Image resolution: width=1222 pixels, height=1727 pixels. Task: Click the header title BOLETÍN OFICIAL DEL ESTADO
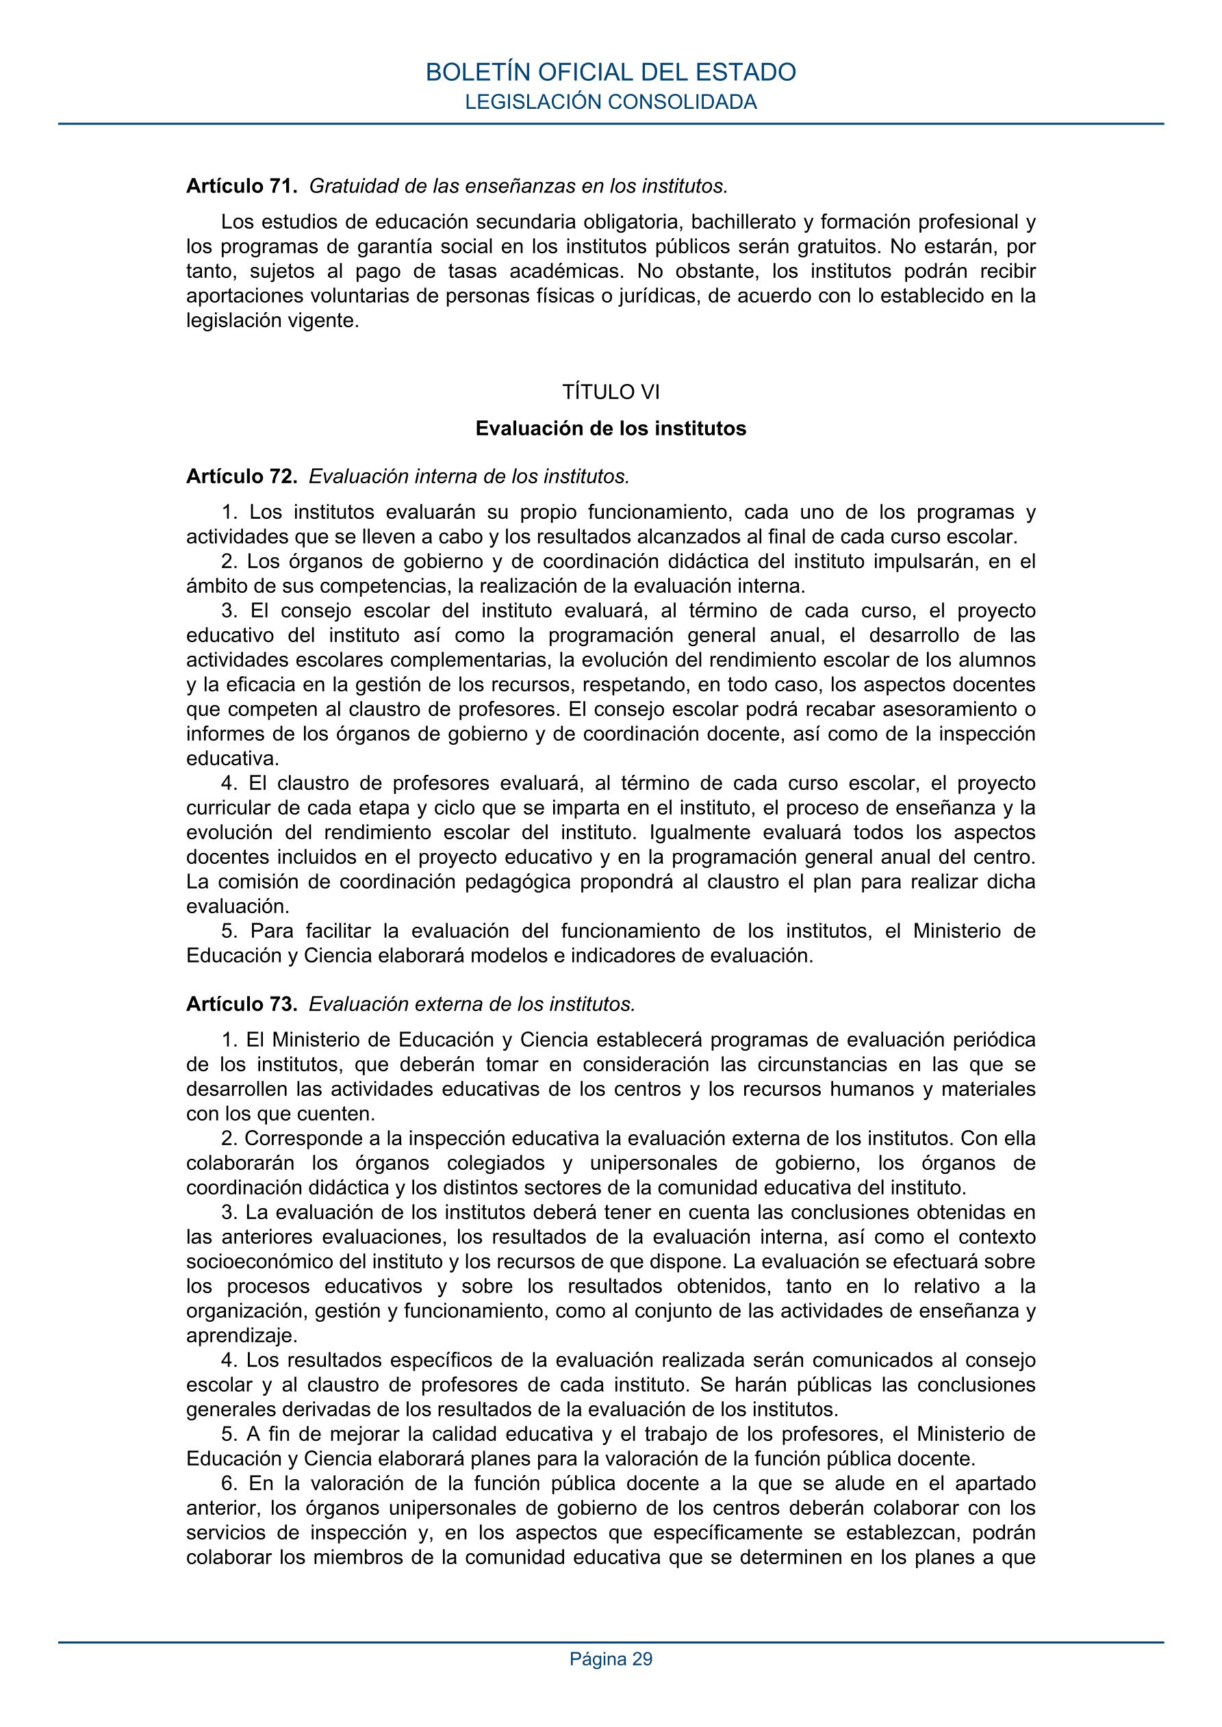tap(610, 72)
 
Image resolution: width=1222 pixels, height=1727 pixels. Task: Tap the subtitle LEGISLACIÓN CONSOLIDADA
tap(610, 102)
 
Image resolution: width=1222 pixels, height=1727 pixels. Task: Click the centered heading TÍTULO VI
tap(610, 392)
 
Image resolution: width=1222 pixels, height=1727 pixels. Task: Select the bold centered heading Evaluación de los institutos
tap(610, 428)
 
